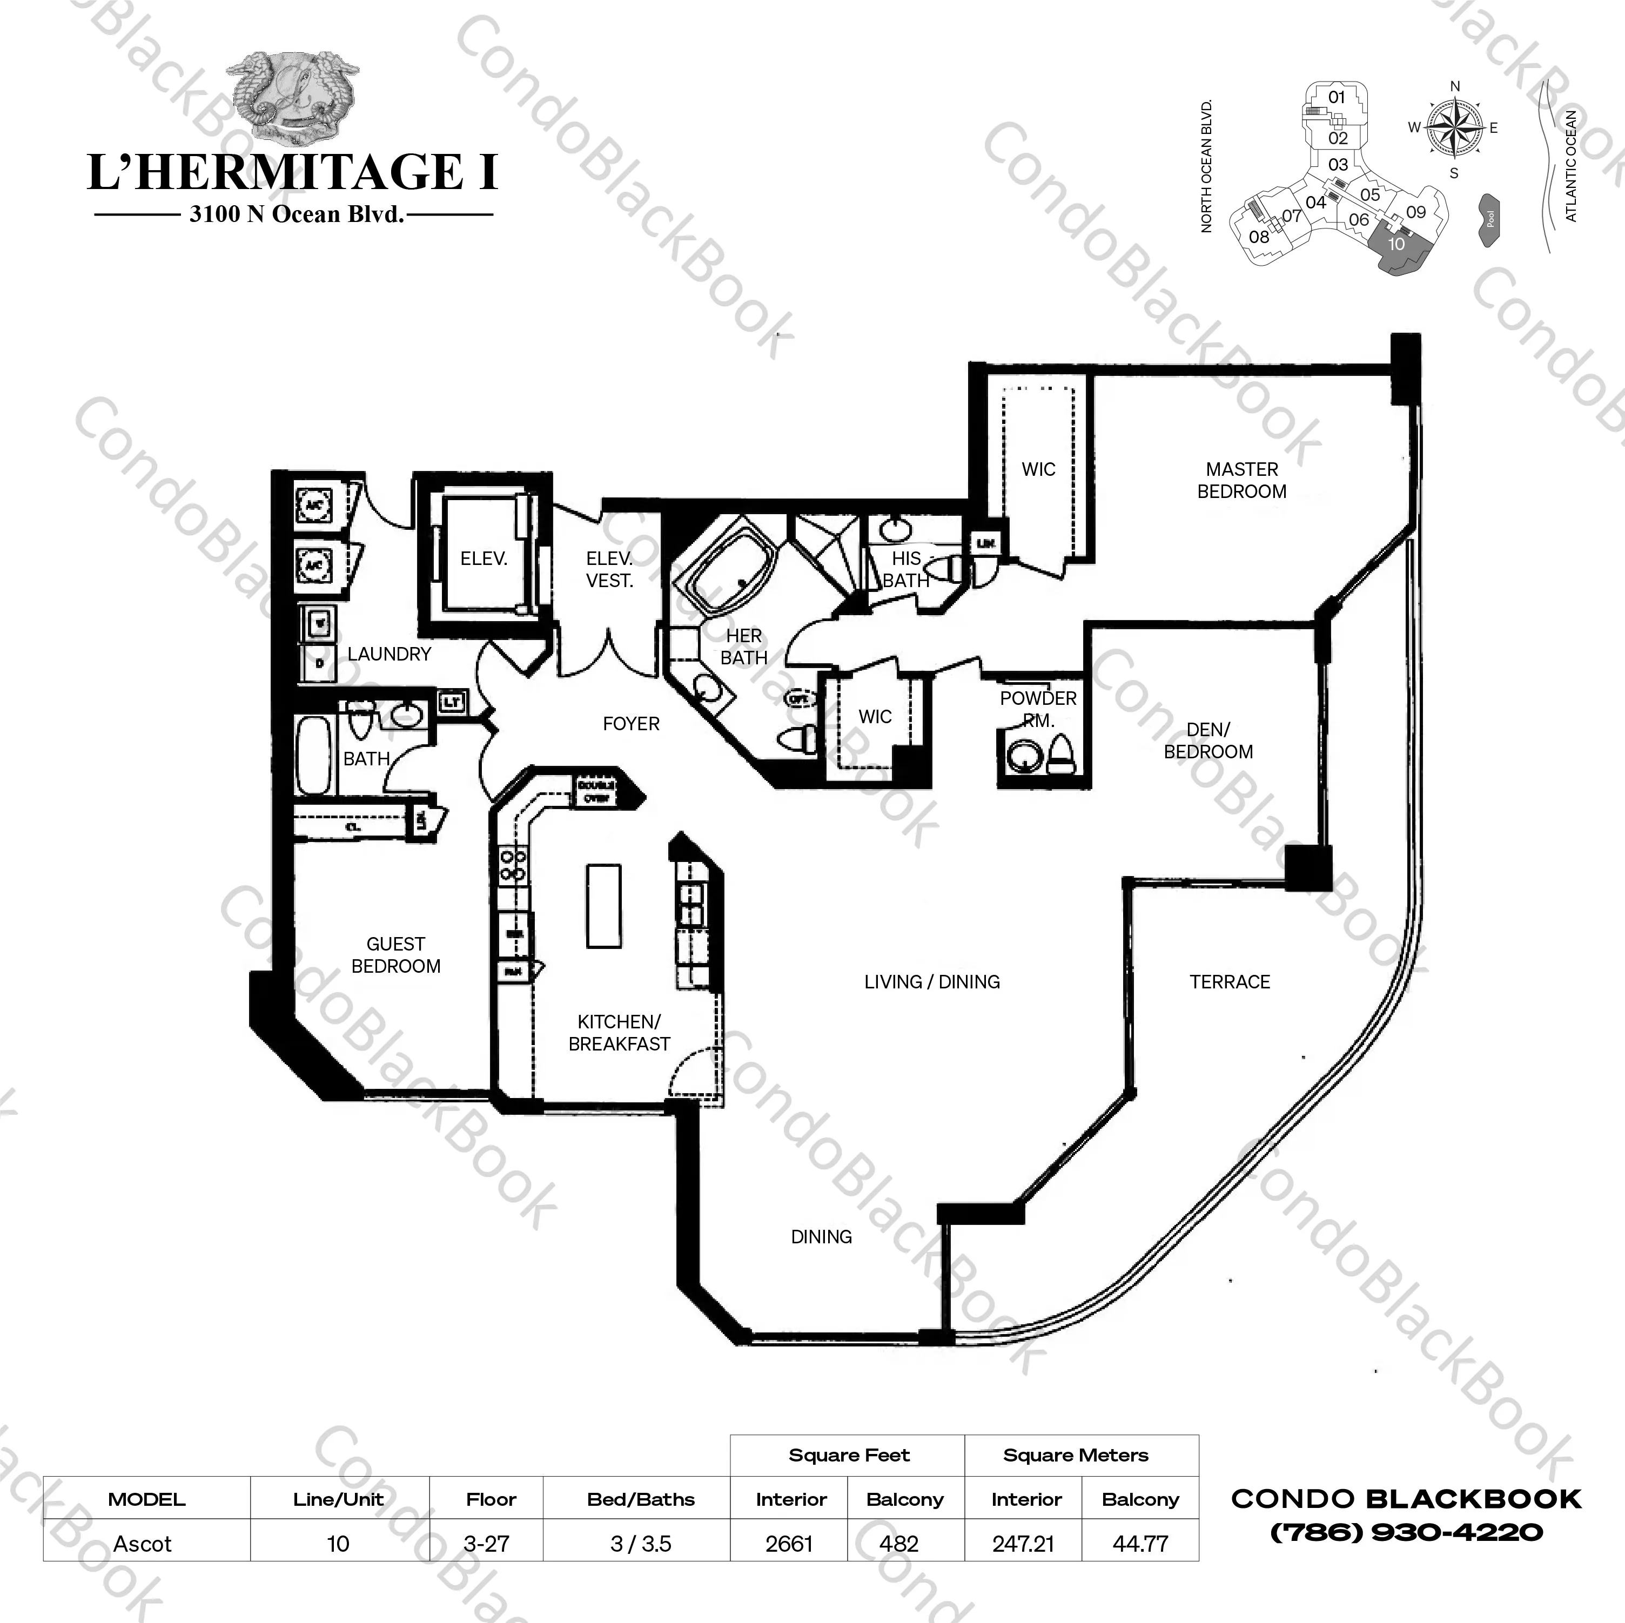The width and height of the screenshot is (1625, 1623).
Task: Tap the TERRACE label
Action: [1229, 981]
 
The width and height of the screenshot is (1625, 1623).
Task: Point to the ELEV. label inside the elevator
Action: [483, 558]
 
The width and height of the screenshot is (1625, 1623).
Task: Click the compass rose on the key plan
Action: [1454, 129]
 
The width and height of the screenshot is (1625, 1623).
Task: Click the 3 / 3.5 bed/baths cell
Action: [640, 1544]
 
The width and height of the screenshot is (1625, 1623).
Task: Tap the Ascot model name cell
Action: [143, 1544]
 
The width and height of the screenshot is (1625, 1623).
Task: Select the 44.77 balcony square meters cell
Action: [1140, 1544]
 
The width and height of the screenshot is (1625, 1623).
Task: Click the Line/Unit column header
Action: [338, 1499]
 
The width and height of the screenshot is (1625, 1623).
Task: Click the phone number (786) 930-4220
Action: [1406, 1532]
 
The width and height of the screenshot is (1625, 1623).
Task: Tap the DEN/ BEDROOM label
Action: [1208, 741]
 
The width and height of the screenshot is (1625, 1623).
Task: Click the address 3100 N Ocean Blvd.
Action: [296, 214]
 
